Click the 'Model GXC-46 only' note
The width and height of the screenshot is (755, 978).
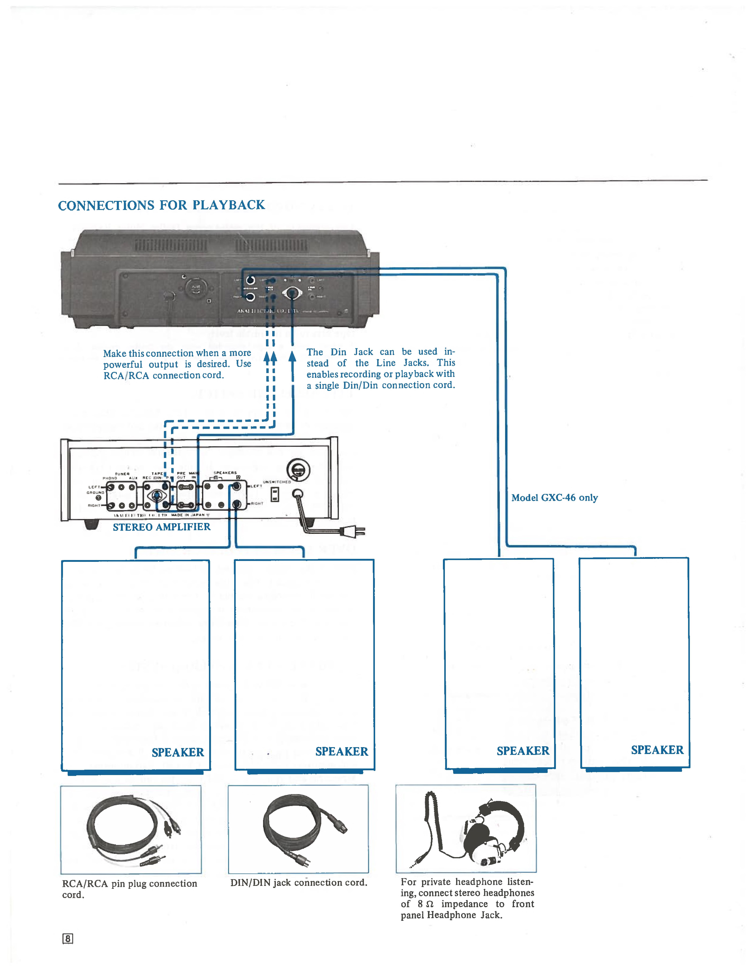pos(555,498)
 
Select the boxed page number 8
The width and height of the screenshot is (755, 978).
pos(68,939)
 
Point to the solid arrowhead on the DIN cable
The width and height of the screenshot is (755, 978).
pos(292,357)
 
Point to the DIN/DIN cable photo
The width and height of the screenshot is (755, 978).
pos(298,829)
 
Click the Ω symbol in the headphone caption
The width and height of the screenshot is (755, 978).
pos(430,904)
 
